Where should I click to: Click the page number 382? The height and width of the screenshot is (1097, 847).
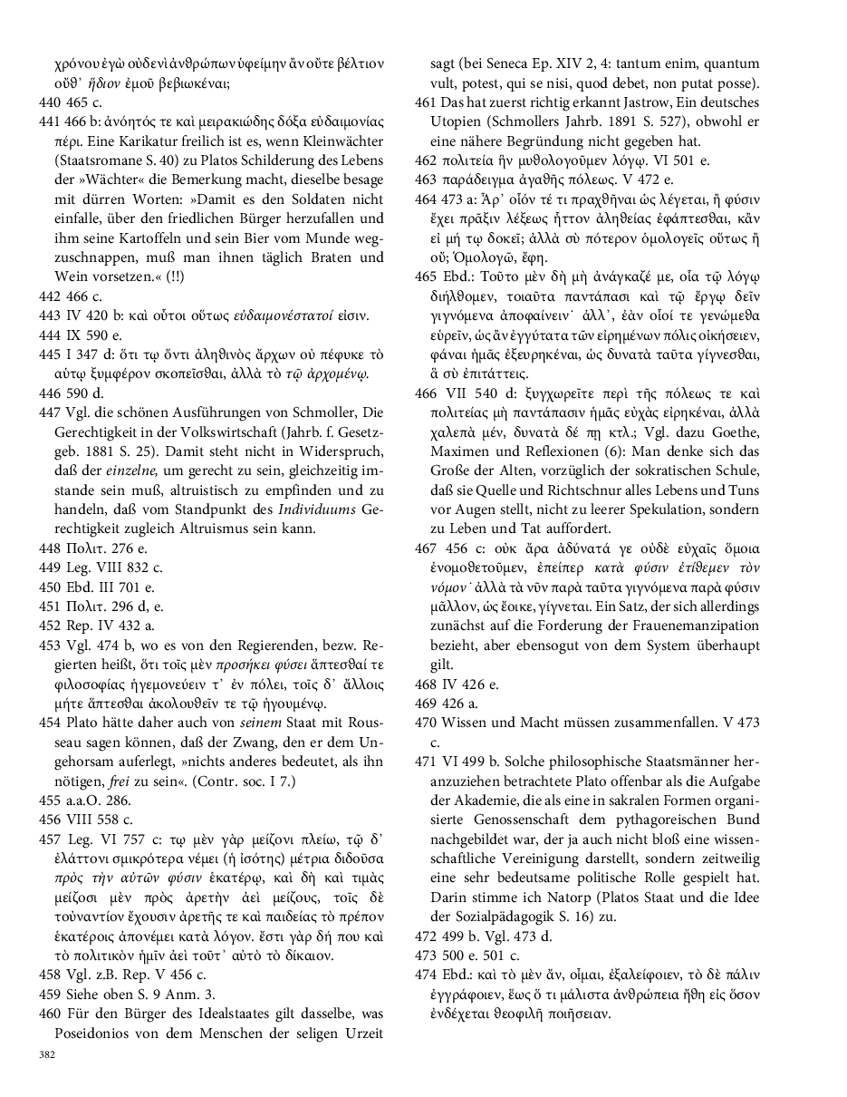(x=46, y=1054)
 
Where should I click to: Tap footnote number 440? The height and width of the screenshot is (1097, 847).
(x=51, y=102)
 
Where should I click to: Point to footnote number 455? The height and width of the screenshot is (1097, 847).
(x=51, y=801)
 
